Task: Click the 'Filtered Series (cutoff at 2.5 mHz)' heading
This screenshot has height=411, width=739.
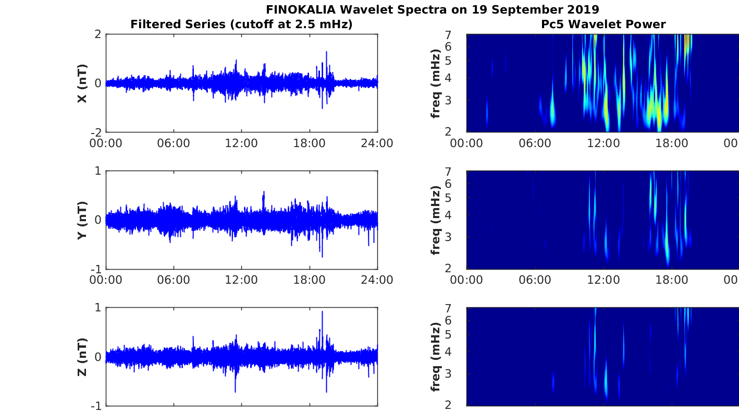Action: click(x=241, y=24)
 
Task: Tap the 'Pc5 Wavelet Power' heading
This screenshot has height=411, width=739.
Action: click(x=602, y=24)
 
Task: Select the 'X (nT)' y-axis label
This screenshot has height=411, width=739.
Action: click(x=82, y=83)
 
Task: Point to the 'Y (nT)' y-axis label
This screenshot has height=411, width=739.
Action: click(x=82, y=220)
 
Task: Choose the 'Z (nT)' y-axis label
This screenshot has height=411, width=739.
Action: click(x=82, y=357)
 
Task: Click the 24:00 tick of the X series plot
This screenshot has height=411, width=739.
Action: click(x=377, y=143)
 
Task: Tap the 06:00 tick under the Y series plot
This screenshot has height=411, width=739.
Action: click(x=174, y=280)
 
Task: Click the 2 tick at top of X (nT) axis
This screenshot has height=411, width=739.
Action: click(x=98, y=34)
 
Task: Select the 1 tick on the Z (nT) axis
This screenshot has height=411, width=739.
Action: click(x=98, y=308)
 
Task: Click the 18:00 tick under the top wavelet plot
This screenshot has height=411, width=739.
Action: click(x=671, y=143)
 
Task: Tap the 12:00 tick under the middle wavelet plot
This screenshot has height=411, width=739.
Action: click(x=603, y=280)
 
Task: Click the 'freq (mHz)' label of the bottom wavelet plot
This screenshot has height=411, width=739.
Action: click(x=436, y=357)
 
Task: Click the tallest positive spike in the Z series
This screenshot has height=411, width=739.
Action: click(x=322, y=312)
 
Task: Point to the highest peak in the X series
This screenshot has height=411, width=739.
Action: click(x=326, y=52)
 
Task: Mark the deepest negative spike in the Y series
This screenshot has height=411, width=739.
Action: click(x=322, y=257)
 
